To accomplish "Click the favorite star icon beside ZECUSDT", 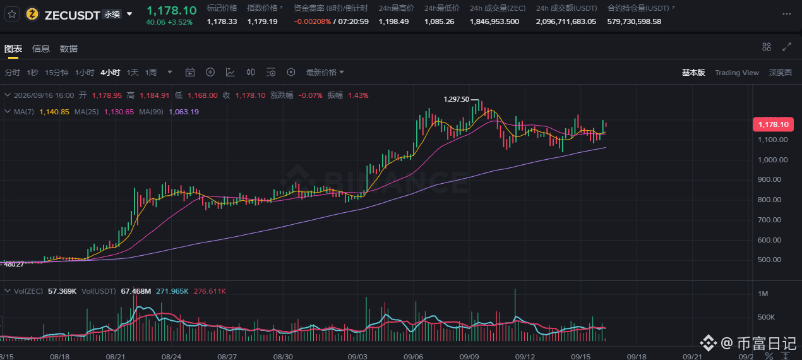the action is point(12,15).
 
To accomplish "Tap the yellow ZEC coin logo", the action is point(32,15).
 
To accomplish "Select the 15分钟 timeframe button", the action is point(57,73).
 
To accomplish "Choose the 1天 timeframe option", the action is point(133,73).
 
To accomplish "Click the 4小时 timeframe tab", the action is point(111,73).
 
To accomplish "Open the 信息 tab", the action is point(41,49).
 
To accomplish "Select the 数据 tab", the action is point(69,49).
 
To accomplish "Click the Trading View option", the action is point(737,73).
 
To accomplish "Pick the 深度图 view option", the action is point(780,73).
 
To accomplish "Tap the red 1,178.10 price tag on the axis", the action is point(774,124).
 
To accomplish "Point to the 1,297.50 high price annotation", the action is point(456,99).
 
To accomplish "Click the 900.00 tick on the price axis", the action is point(769,179).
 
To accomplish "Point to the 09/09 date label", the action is point(469,357).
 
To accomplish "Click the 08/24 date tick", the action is point(171,357).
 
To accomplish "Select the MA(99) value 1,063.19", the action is point(184,112).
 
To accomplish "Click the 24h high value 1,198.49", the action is point(393,22).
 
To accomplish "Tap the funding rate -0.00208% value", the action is point(312,22).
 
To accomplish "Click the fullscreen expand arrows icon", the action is point(787,47).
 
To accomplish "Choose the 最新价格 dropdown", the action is point(325,73).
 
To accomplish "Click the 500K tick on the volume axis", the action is point(766,317).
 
